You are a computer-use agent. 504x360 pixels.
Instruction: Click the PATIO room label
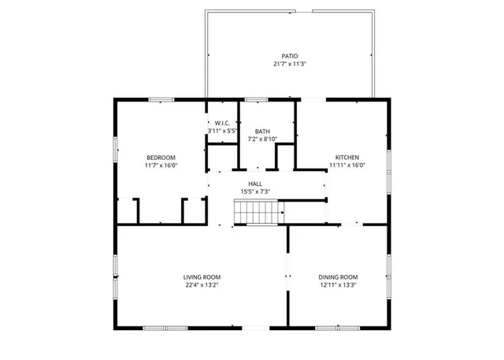click(x=290, y=56)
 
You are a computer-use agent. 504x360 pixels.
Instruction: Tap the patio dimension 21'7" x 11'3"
click(x=290, y=64)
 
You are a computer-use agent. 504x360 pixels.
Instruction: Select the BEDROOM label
click(x=161, y=158)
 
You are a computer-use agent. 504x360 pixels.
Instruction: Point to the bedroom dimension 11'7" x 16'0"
click(x=161, y=165)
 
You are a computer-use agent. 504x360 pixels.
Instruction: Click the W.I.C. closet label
click(x=221, y=123)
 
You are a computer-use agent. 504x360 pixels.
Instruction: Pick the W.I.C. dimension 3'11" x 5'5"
click(x=221, y=131)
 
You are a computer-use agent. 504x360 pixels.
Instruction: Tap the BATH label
click(x=262, y=132)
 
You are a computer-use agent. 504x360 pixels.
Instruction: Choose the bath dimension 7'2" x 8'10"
click(x=262, y=139)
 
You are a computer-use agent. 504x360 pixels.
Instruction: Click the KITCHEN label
click(x=347, y=158)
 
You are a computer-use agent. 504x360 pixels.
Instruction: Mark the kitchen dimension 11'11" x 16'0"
click(x=347, y=165)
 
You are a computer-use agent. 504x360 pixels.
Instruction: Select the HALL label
click(x=255, y=183)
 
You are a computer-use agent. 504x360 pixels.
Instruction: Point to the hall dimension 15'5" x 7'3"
click(x=255, y=191)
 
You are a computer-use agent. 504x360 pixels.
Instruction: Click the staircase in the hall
click(x=258, y=212)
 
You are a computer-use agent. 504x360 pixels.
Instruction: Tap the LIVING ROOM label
click(x=202, y=277)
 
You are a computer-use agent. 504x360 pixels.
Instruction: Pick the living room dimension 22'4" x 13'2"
click(x=202, y=285)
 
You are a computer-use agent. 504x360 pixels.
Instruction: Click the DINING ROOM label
click(x=338, y=277)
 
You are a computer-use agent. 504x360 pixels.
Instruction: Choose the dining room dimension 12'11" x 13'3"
click(x=338, y=285)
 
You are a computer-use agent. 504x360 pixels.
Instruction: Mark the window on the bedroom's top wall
click(x=161, y=99)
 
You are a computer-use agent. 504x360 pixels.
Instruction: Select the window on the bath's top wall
click(x=255, y=99)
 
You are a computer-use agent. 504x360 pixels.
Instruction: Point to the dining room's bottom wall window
click(x=338, y=327)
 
